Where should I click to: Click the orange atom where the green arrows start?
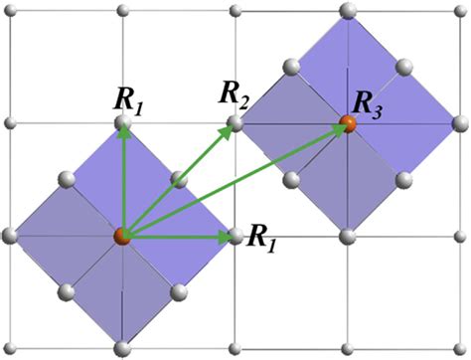point(121,236)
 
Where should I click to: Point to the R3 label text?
point(370,104)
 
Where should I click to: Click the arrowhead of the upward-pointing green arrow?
point(122,132)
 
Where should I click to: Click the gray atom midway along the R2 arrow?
point(178,179)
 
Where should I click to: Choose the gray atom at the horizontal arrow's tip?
point(235,236)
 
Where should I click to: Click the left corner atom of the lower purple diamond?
point(9,236)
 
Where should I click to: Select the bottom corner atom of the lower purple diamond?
point(122,348)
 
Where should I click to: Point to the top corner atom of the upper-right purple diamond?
point(348,10)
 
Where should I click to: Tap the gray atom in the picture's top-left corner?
point(9,10)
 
